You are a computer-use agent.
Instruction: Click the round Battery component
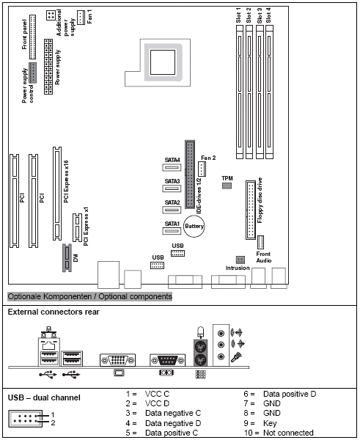click(194, 227)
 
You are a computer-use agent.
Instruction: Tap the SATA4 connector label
click(172, 160)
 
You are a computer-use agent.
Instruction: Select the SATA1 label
click(172, 224)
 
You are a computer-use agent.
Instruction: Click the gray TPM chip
click(227, 187)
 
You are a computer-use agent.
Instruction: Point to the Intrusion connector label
click(237, 268)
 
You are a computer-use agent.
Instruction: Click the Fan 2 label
click(208, 158)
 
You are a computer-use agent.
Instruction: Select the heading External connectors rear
click(54, 312)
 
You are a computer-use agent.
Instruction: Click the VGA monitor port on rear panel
click(117, 361)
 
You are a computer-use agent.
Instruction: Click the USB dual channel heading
click(44, 397)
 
